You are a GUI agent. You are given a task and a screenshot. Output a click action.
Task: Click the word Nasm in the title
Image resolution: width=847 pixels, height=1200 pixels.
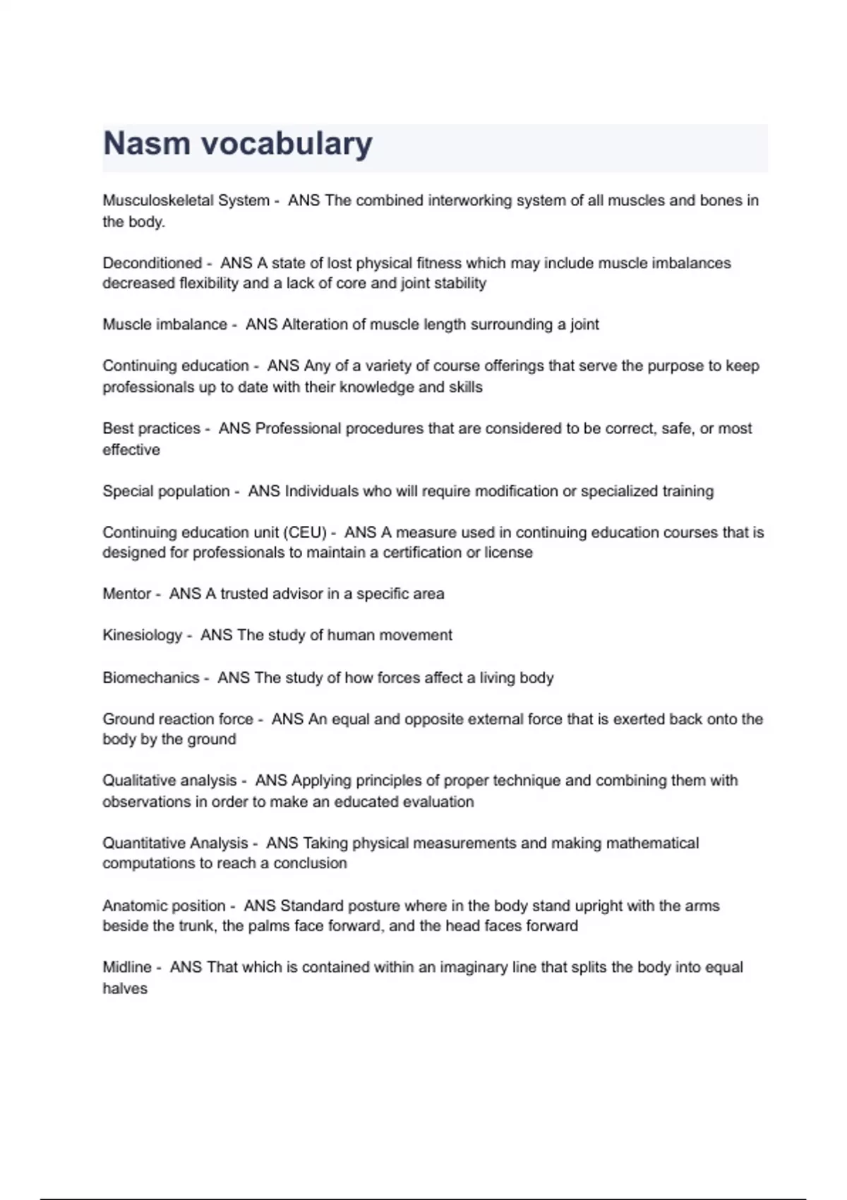click(147, 144)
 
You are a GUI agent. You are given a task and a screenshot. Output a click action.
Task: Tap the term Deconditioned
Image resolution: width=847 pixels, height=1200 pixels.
click(152, 263)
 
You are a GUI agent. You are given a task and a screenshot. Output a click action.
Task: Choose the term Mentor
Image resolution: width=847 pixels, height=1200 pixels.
click(126, 594)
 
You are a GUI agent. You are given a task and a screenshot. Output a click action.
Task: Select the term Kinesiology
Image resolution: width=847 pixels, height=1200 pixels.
click(142, 635)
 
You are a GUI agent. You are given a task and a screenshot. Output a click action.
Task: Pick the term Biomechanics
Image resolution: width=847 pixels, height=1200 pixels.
click(150, 678)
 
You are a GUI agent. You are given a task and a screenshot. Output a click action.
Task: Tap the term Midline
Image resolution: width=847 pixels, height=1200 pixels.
click(127, 967)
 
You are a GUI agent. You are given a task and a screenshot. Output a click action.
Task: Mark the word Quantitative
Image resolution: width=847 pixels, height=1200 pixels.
click(140, 843)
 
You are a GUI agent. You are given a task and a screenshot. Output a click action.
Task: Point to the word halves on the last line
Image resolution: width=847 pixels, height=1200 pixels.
click(125, 988)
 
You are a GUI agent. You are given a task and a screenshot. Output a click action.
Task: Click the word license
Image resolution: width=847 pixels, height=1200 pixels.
click(508, 553)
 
